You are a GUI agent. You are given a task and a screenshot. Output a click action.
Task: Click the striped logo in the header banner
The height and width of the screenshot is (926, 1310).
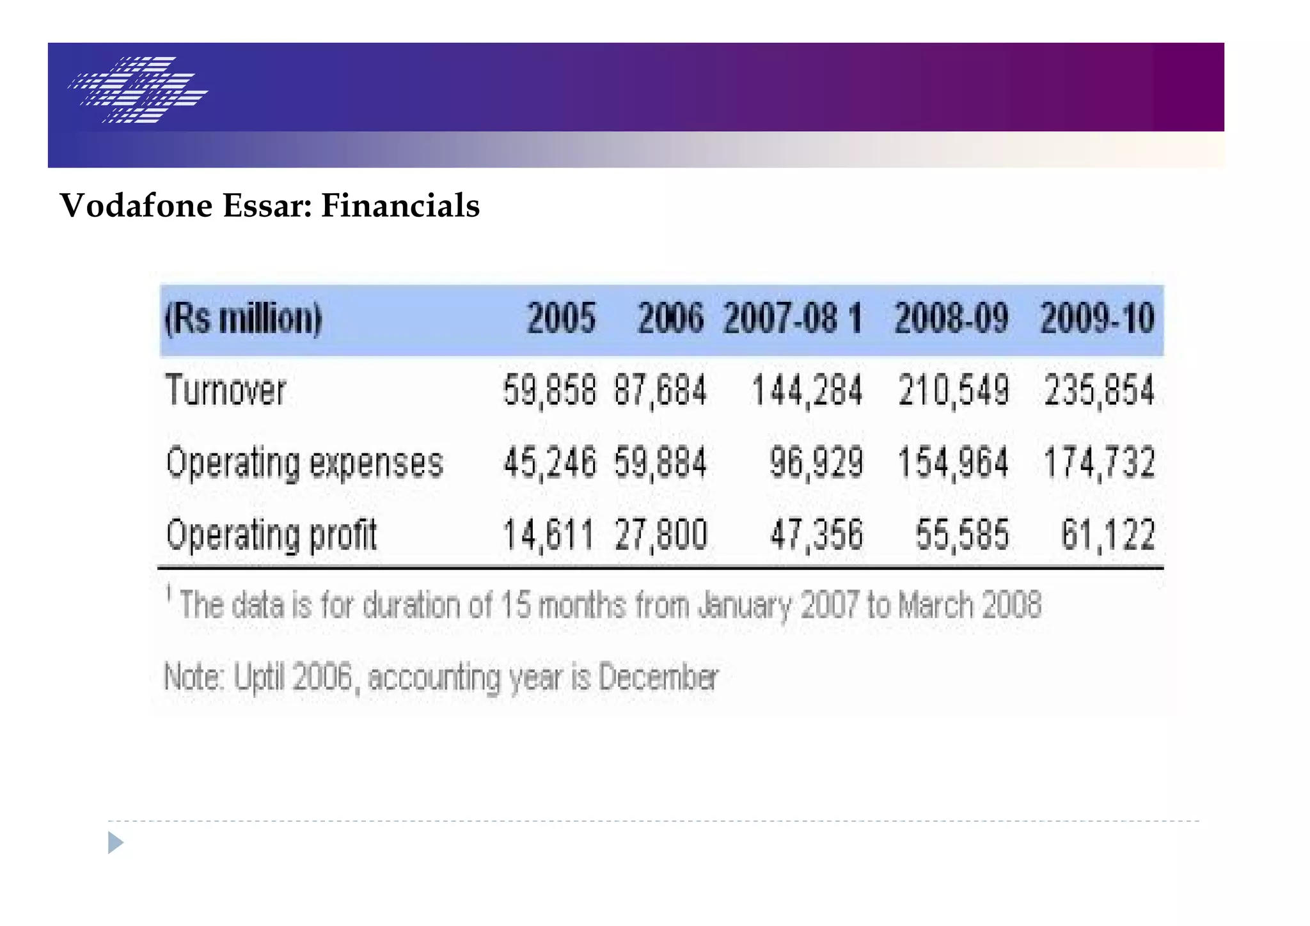tap(138, 90)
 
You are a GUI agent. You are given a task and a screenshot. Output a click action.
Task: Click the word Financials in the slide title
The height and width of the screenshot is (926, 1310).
tap(400, 206)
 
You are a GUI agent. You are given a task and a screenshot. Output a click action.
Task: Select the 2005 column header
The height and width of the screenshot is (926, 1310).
tap(561, 318)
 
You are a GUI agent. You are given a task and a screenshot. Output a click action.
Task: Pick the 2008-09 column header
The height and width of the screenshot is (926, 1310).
tap(951, 318)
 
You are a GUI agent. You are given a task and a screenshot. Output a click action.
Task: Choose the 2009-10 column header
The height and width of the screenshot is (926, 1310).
tap(1097, 318)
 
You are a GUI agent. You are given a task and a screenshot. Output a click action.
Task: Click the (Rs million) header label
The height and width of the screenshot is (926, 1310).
tap(244, 318)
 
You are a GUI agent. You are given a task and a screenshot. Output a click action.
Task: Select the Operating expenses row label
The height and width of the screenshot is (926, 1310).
tap(304, 463)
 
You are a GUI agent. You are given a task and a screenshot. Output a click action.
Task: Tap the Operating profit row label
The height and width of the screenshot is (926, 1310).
tap(271, 535)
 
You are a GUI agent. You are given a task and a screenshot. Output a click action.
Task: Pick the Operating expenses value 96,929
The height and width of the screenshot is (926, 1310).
tap(816, 463)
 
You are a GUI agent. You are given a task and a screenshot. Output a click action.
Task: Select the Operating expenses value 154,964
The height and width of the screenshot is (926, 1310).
tap(953, 463)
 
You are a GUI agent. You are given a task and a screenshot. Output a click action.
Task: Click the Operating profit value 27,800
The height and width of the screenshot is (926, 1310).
tap(661, 535)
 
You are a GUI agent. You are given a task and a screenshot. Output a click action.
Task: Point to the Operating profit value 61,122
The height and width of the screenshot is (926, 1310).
tap(1108, 535)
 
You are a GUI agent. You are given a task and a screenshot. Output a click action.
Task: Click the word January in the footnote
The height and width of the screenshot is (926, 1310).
tap(744, 605)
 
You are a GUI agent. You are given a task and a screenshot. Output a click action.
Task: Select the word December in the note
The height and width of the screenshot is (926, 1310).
tap(658, 678)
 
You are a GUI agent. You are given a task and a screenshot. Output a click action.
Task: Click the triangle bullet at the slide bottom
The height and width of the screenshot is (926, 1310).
tap(115, 843)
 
